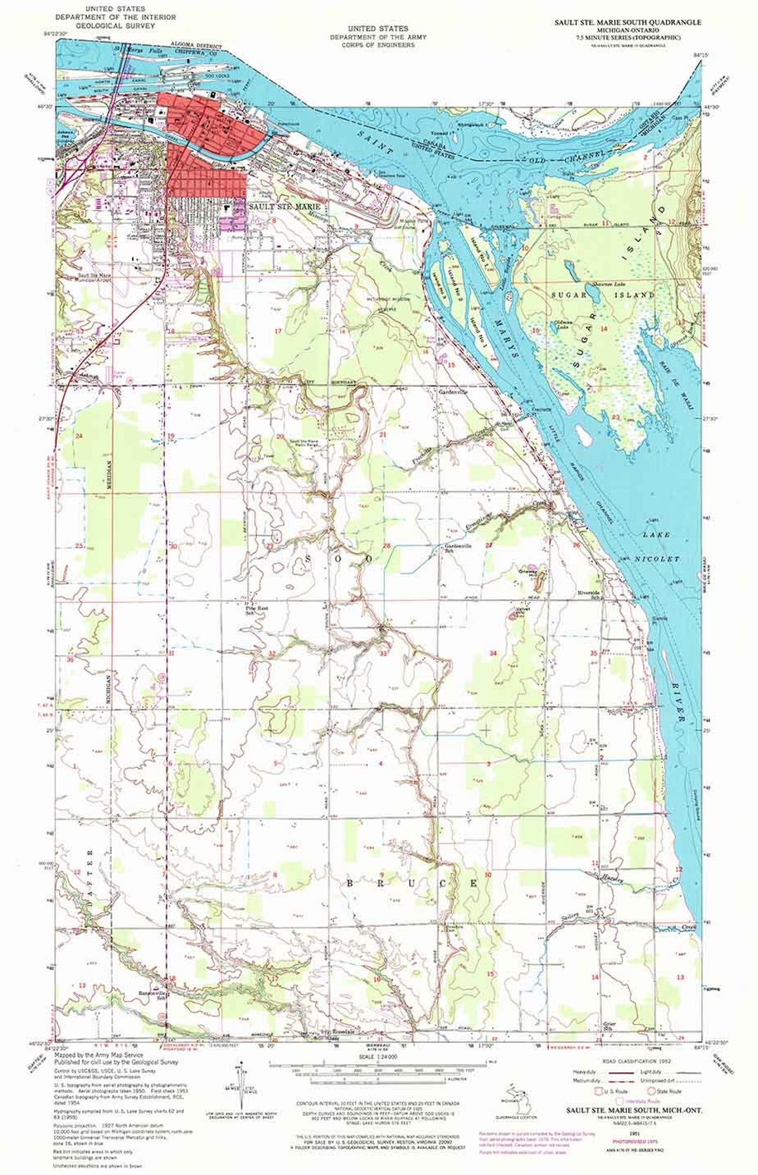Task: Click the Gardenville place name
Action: coord(453,392)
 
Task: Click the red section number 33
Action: coord(383,653)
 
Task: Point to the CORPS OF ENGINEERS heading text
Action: coord(372,45)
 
